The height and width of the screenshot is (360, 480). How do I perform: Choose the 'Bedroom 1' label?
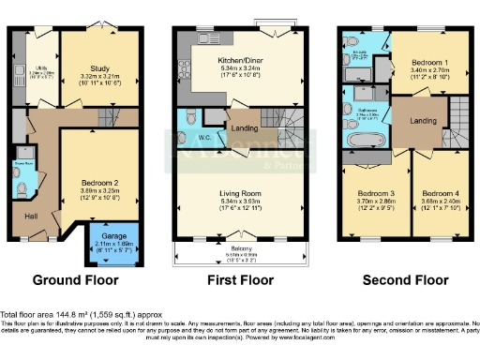pyautogui.click(x=429, y=62)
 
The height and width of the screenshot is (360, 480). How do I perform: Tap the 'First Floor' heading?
pyautogui.click(x=242, y=279)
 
